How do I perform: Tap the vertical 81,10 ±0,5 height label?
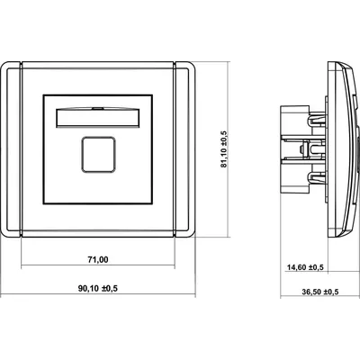(x=225, y=149)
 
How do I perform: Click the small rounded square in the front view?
(x=98, y=155)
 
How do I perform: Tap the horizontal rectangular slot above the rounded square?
(x=98, y=118)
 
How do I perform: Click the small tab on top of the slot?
(x=98, y=107)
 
